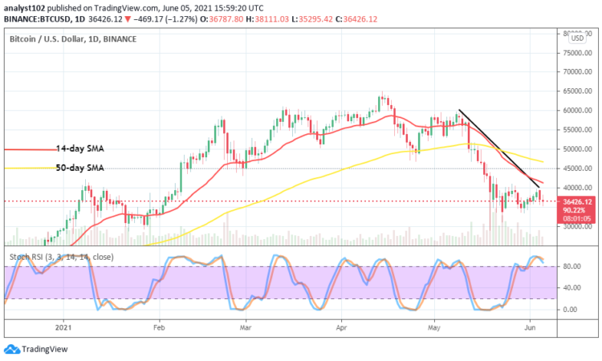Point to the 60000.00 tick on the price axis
578,111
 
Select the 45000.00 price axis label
578,168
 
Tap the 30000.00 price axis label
578,227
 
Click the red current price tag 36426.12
578,202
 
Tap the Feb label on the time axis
158,328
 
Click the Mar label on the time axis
246,328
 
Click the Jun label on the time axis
530,328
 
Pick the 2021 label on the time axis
64,328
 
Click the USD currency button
575,36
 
